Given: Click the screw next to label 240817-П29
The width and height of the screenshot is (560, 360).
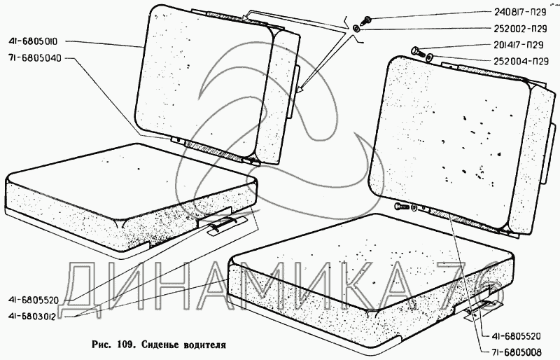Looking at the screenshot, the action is click(x=367, y=18).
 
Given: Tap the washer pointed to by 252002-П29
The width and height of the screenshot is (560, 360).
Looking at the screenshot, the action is click(x=357, y=29).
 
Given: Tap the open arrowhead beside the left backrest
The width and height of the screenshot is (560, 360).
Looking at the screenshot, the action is click(x=300, y=90).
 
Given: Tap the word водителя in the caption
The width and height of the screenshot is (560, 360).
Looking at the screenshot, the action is click(x=203, y=345).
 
